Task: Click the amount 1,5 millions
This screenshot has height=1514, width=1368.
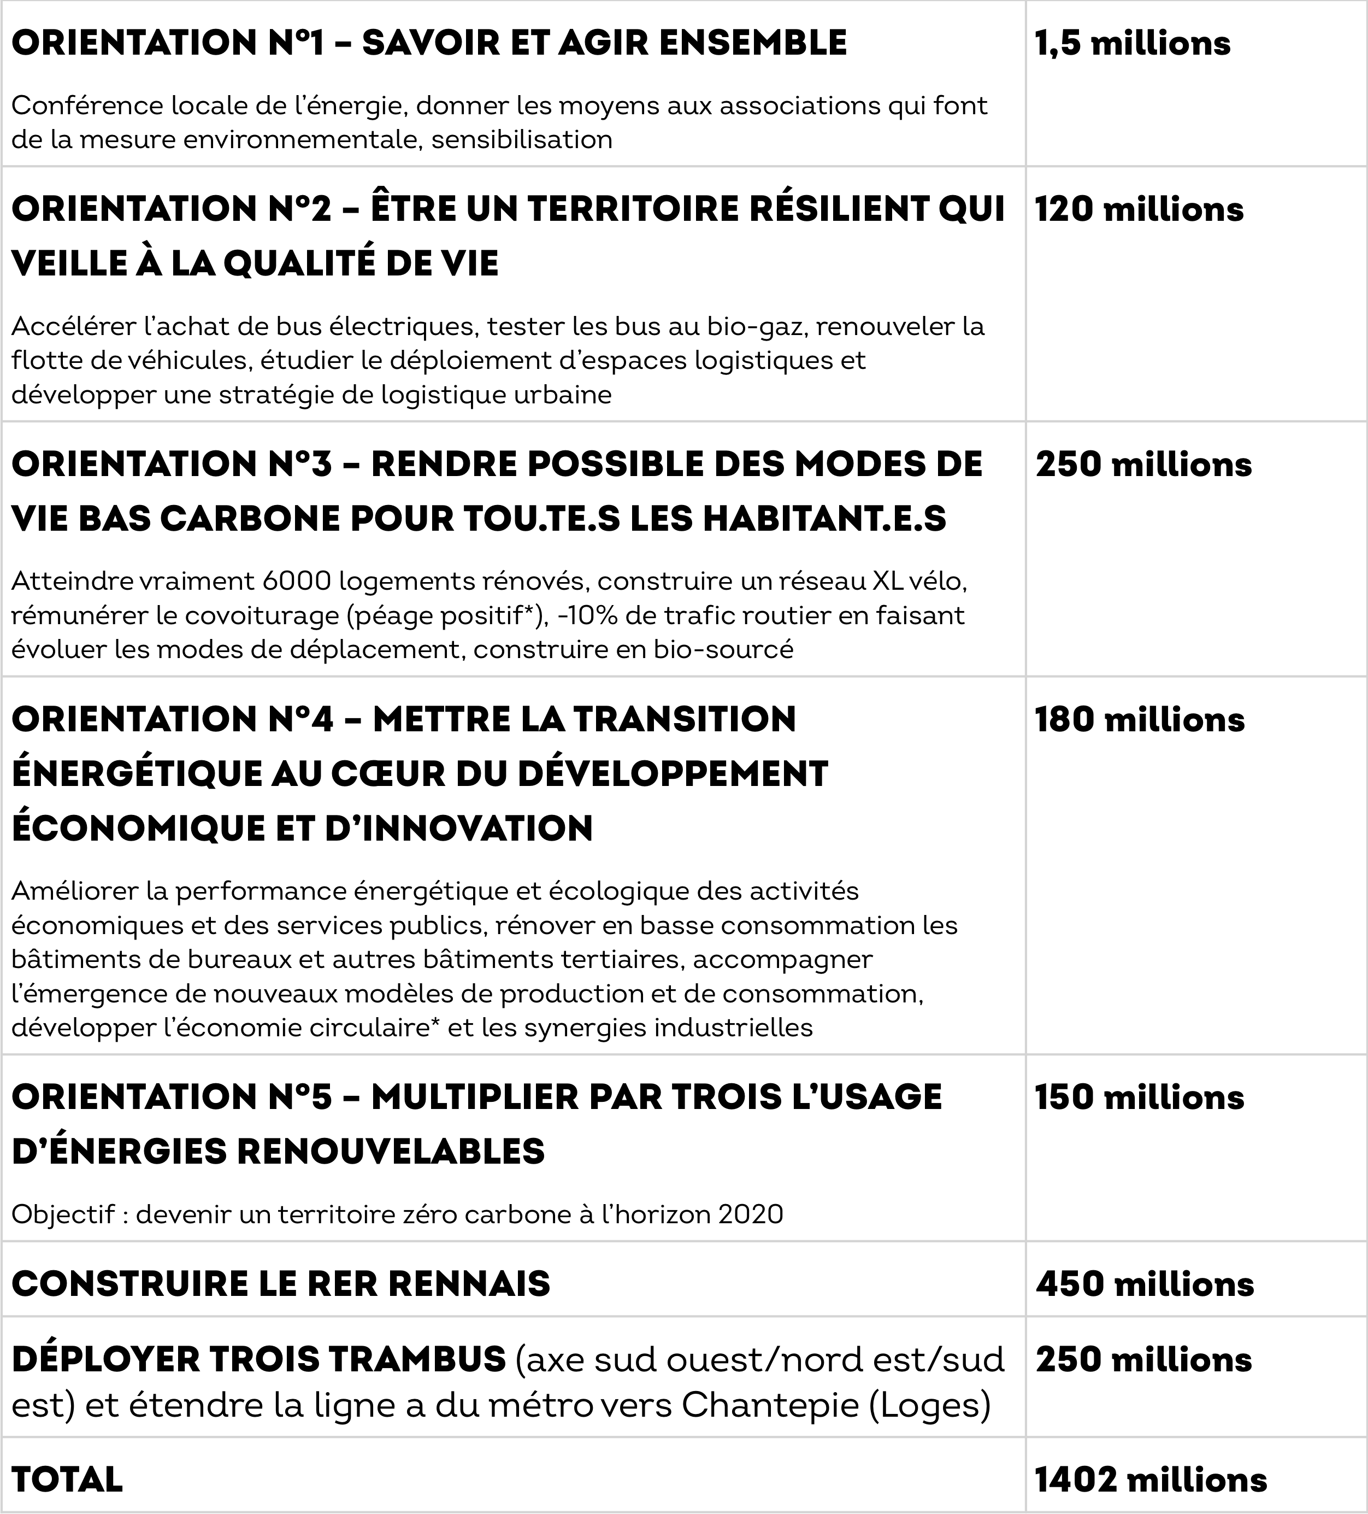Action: point(1132,44)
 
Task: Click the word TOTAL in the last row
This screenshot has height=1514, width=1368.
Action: point(68,1480)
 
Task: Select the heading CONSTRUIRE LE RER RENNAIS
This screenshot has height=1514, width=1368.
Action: point(281,1283)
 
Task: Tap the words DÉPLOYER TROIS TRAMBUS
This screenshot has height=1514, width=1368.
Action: point(259,1360)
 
